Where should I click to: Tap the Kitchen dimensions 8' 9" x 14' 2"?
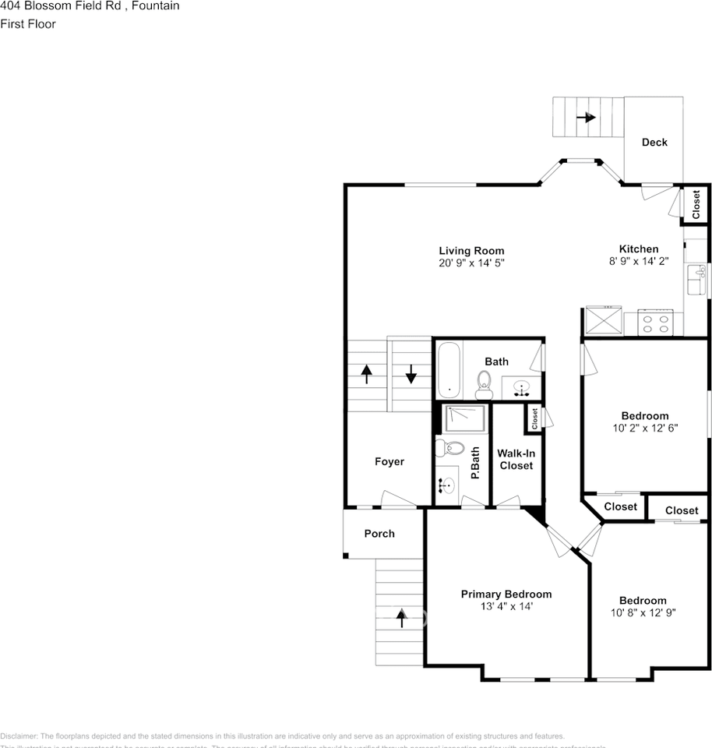[638, 262]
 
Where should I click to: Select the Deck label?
[654, 142]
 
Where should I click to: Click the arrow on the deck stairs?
[586, 118]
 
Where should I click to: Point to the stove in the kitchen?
[655, 322]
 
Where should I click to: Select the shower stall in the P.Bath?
[465, 420]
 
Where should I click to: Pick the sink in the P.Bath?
[446, 485]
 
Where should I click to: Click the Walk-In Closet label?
[516, 459]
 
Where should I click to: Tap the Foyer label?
[389, 461]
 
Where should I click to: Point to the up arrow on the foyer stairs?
[366, 373]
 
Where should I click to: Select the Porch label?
[379, 534]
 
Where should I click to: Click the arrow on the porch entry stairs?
[402, 618]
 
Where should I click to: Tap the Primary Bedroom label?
[506, 594]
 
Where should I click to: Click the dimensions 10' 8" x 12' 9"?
[643, 612]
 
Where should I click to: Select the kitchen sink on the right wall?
[696, 274]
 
